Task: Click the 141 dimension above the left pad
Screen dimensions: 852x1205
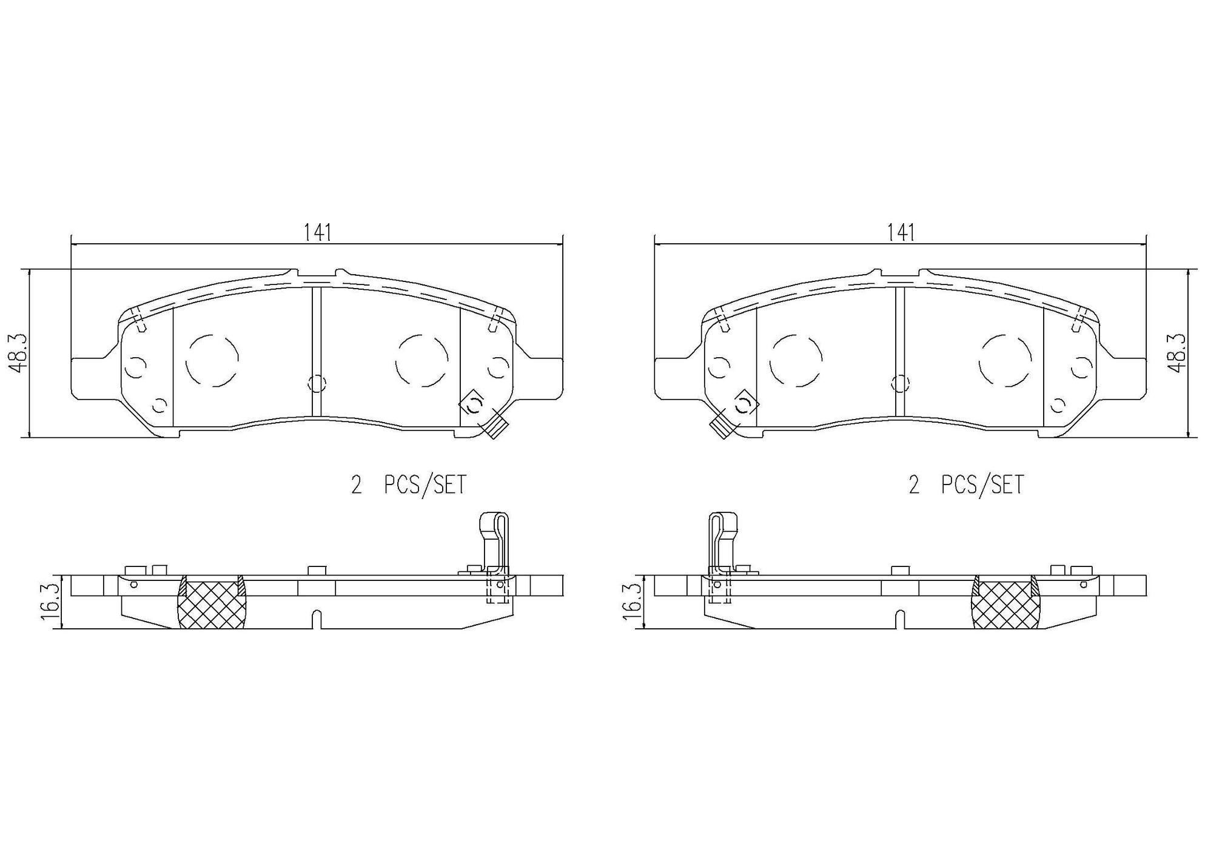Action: [317, 233]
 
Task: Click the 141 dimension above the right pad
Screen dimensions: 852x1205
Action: [901, 233]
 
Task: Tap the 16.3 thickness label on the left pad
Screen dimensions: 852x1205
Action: [50, 602]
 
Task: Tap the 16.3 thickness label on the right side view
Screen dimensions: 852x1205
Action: [633, 602]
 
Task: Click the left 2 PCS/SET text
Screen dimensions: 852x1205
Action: [409, 485]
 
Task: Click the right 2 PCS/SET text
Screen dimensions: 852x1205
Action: [966, 485]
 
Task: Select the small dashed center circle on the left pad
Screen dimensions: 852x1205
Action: [317, 383]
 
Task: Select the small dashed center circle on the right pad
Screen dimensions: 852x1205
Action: [901, 383]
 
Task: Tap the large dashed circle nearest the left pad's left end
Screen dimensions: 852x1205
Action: [212, 360]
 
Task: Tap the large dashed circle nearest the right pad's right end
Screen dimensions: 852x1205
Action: [1005, 360]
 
